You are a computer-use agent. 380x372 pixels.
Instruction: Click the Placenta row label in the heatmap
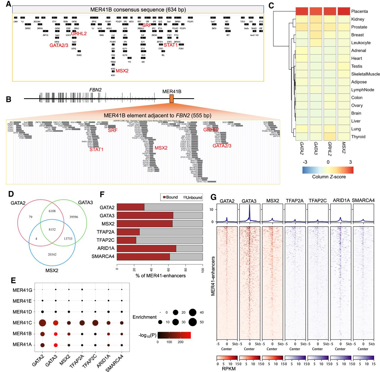pos(359,11)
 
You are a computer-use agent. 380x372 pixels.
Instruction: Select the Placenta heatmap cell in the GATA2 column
pos(302,11)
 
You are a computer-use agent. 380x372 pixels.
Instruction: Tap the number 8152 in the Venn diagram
pos(52,229)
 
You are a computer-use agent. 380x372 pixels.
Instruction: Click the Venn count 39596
pos(74,217)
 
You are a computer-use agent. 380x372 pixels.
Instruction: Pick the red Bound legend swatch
pos(164,197)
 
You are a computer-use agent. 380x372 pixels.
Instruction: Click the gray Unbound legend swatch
pos(185,197)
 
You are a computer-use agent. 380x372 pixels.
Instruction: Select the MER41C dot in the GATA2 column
pos(42,323)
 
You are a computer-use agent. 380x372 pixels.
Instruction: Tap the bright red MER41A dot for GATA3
pos(56,345)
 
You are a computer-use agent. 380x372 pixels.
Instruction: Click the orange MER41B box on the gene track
pos(171,99)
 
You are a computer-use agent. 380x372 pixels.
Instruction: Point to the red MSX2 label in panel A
pos(122,71)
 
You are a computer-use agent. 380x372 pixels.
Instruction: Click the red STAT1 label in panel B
pos(96,149)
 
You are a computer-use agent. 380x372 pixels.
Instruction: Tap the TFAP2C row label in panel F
pos(105,240)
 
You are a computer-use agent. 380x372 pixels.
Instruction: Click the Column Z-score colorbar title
pos(329,177)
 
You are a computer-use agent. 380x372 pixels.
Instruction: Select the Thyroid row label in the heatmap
pos(358,137)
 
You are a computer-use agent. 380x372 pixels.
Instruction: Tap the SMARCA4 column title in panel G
pos(363,200)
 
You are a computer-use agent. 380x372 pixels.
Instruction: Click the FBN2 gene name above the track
pos(96,90)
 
